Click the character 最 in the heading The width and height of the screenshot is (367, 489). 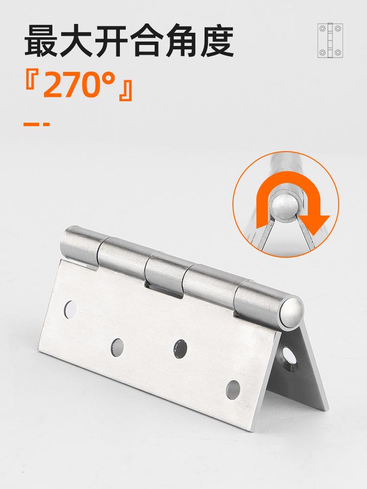click(42, 41)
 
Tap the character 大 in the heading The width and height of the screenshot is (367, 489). click(77, 41)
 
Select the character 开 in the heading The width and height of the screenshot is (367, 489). click(112, 41)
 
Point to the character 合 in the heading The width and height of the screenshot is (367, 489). click(147, 41)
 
